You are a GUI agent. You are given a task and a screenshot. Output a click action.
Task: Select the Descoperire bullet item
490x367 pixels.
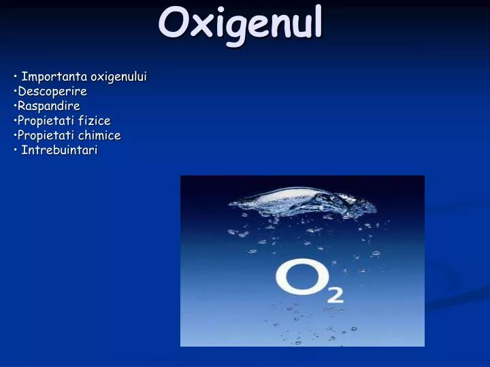click(x=52, y=91)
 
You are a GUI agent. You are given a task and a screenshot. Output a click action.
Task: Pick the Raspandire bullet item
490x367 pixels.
click(x=49, y=106)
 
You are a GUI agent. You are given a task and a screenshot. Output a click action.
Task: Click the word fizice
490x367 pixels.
click(x=94, y=121)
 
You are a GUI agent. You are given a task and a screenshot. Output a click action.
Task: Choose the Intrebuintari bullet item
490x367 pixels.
click(x=59, y=150)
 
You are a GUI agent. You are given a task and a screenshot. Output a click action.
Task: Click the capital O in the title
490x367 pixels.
click(x=172, y=24)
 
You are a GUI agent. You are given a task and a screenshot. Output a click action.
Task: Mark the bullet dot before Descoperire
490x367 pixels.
click(x=15, y=91)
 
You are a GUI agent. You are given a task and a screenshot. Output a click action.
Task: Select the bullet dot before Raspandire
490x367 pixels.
click(x=15, y=106)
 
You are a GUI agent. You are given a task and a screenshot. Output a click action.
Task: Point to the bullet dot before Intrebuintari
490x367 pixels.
click(x=15, y=150)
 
